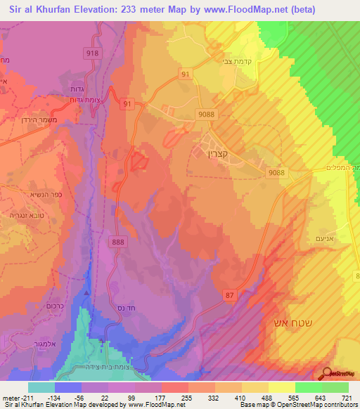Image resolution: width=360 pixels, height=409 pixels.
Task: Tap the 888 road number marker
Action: click(x=118, y=241)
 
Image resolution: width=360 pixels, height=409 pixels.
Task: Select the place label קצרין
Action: click(x=212, y=150)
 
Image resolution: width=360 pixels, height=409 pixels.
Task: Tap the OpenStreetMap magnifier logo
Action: click(x=327, y=374)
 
